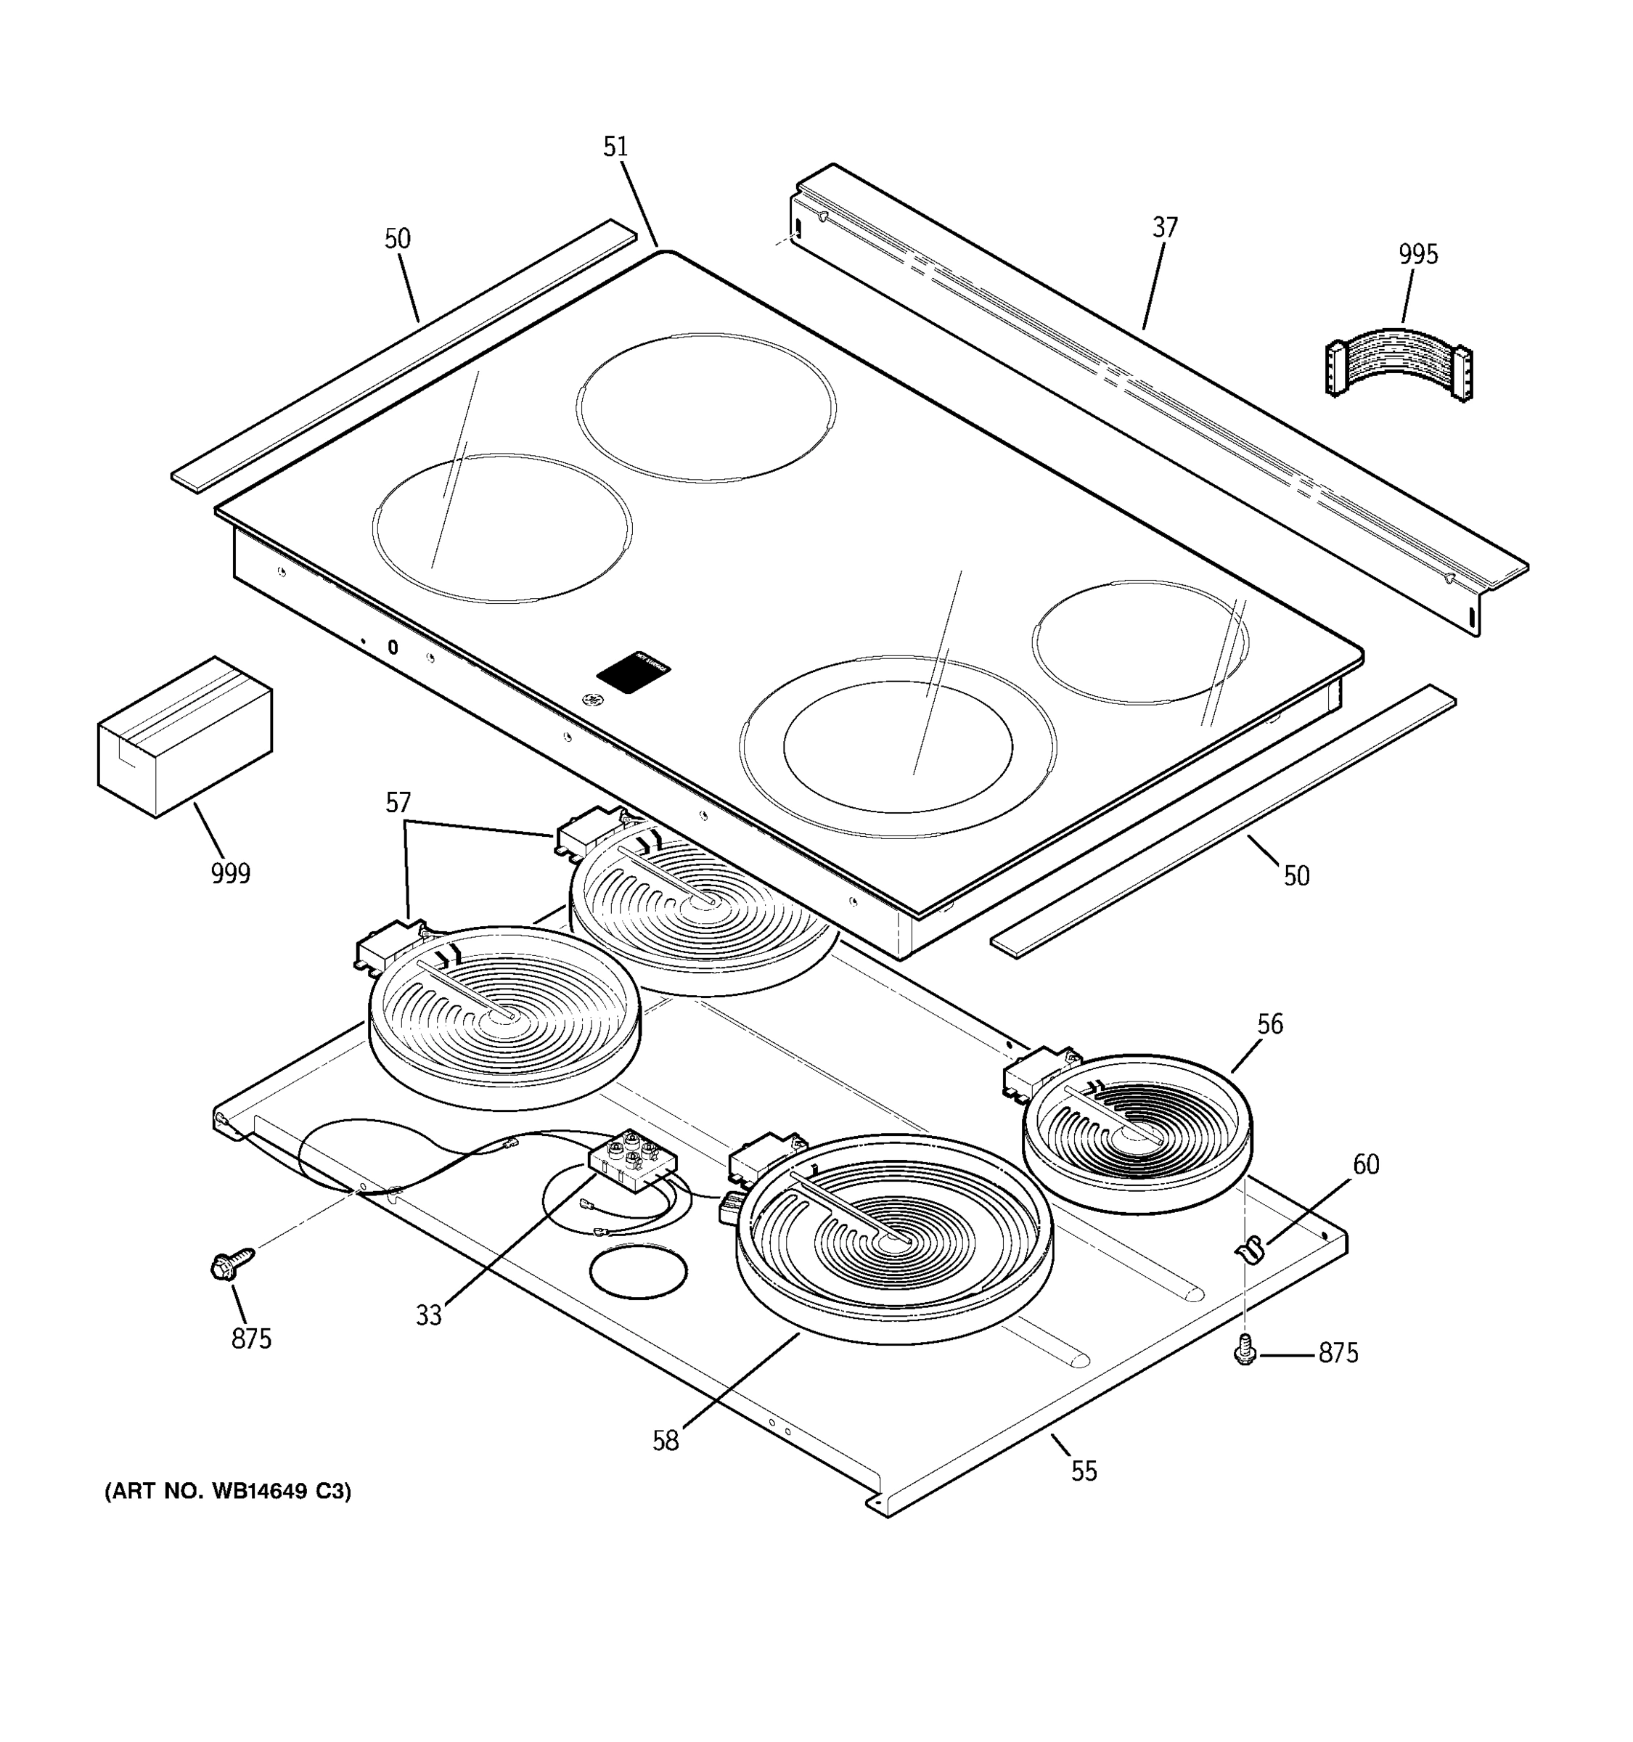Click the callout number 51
click(x=616, y=147)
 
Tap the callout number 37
click(x=1164, y=228)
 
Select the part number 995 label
click(x=1417, y=255)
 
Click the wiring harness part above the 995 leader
click(x=1397, y=364)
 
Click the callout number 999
click(x=230, y=874)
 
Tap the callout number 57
click(x=398, y=803)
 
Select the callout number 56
click(x=1269, y=1023)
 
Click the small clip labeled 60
click(x=1251, y=1248)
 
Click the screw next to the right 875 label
click(x=1244, y=1353)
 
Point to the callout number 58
click(x=665, y=1441)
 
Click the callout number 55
click(x=1084, y=1471)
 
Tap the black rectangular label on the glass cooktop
click(x=634, y=672)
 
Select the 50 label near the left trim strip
click(x=398, y=240)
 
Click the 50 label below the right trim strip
click(x=1296, y=875)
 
